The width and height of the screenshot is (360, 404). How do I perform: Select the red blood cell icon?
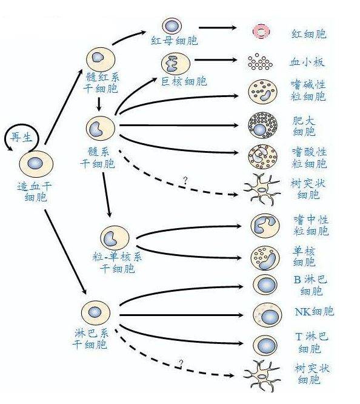[262, 32]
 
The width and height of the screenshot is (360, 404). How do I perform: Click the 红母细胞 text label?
[175, 41]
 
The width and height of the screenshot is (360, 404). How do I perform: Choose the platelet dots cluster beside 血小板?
[261, 62]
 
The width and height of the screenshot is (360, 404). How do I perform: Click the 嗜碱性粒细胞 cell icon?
[263, 92]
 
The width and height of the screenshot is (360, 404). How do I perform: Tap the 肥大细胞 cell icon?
[262, 126]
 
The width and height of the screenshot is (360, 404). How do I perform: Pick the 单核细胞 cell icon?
[264, 257]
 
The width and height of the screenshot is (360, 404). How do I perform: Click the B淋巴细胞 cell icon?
[265, 285]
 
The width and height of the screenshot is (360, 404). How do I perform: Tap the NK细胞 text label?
[313, 312]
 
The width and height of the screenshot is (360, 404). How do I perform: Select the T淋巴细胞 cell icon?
[265, 345]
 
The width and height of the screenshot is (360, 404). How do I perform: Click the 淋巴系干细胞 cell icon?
[96, 312]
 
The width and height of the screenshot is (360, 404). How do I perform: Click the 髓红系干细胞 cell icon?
[99, 59]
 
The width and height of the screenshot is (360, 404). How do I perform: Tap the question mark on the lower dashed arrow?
[181, 364]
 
